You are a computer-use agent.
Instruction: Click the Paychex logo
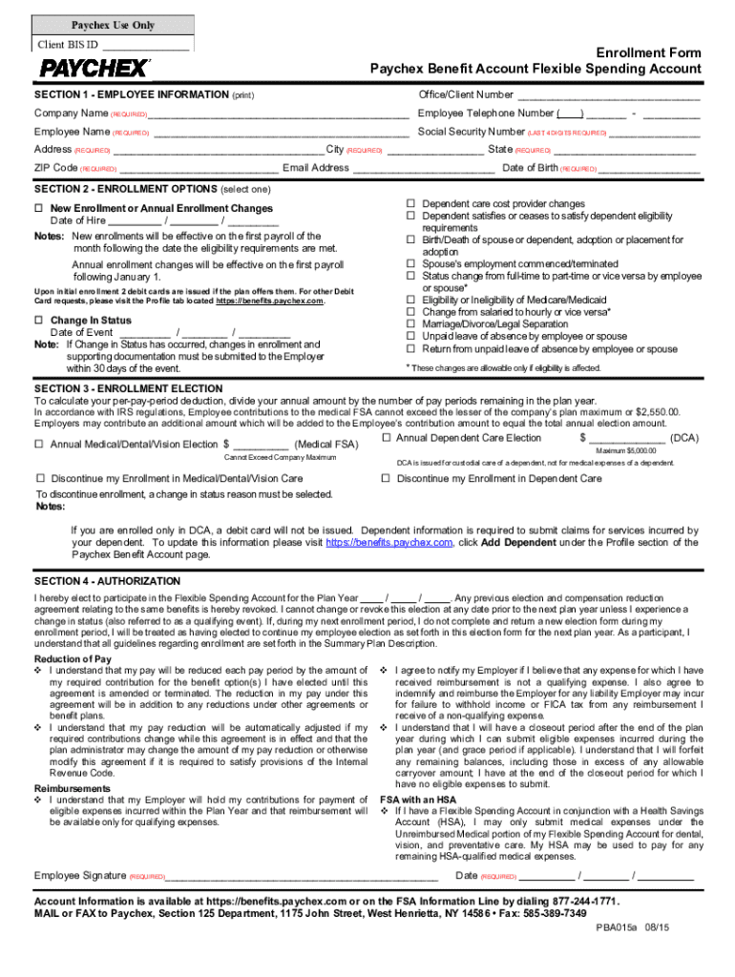click(94, 69)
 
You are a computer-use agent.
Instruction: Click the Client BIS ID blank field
click(145, 45)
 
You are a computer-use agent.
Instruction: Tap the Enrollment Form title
click(647, 53)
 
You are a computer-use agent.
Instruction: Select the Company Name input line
click(277, 114)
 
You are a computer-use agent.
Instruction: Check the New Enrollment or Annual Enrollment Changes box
click(39, 209)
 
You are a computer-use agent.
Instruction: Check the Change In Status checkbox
click(39, 321)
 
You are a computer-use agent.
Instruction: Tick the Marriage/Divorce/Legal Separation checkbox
click(412, 324)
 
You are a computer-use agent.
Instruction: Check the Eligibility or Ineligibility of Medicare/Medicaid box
click(412, 300)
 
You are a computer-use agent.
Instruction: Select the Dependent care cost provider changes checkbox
click(412, 204)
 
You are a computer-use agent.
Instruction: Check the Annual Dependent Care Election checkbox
click(387, 439)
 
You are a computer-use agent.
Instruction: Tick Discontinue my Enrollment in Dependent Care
click(387, 479)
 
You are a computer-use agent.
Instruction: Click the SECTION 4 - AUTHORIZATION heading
click(106, 581)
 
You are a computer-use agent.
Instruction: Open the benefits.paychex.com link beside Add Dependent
click(388, 542)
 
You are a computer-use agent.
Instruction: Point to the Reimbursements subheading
click(73, 789)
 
